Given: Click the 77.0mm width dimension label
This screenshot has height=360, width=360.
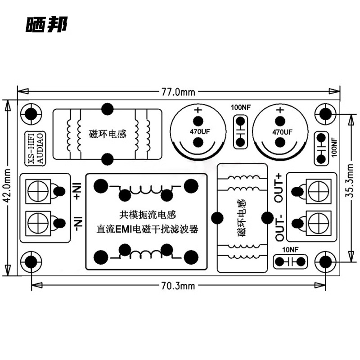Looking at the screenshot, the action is tap(178, 92).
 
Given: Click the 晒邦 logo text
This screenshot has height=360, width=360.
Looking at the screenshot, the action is tap(46, 25).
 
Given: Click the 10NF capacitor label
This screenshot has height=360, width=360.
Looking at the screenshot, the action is tap(290, 250).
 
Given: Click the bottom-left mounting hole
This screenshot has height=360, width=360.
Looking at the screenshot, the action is tap(31, 261).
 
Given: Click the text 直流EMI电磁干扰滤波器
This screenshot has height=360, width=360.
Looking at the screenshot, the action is tap(147, 229).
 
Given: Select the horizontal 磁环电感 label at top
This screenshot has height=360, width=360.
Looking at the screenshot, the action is tap(108, 134).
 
